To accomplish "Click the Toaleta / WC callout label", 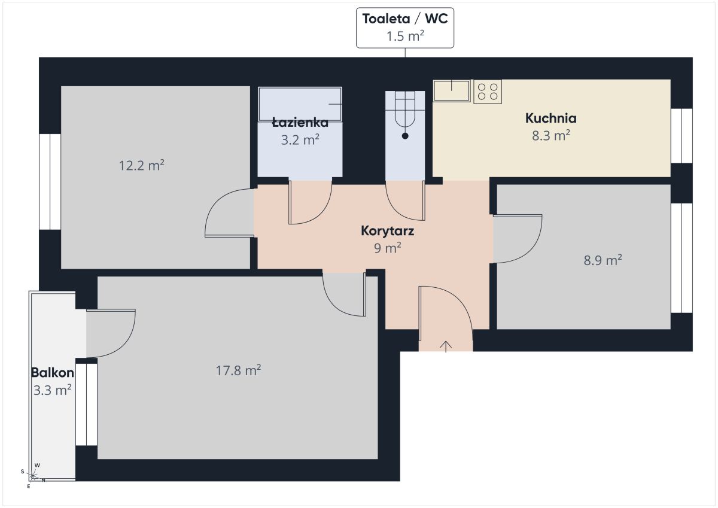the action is pos(405,28).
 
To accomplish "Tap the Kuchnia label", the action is pos(550,118).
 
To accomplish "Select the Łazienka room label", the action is pos(300,123).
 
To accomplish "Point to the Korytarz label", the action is pos(387,231).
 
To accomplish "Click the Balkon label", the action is pos(53,372).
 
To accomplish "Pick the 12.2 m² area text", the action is pos(141,165).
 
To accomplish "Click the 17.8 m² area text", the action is pos(238,370).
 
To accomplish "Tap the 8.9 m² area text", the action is pos(603,260).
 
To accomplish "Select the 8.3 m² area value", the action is pos(551,135).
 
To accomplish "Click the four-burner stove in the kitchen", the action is pos(488,92).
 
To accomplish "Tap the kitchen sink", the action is pos(452,91).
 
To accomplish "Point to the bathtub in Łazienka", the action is pos(300,104).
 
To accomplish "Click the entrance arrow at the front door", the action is pos(446,346).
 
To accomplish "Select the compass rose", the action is pos(33,476).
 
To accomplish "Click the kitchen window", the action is pos(682,136).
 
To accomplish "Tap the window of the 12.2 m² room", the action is pos(50,181).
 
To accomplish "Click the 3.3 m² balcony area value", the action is pos(52,390).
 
